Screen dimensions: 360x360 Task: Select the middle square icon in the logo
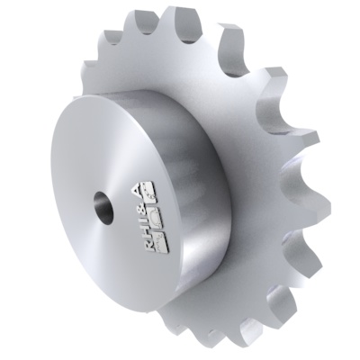click(156, 216)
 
